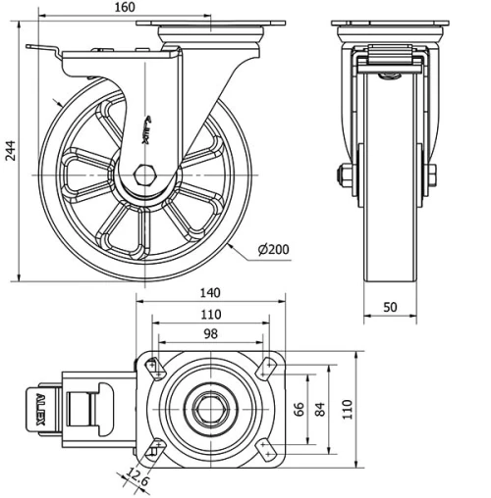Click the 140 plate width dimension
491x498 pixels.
point(208,292)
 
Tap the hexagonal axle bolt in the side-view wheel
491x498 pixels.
point(145,177)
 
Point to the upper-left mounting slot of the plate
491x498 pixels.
point(155,368)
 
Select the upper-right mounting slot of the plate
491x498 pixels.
point(264,368)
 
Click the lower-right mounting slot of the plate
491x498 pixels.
point(264,450)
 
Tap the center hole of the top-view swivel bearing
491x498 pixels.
point(209,408)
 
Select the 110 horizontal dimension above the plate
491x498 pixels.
point(208,314)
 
